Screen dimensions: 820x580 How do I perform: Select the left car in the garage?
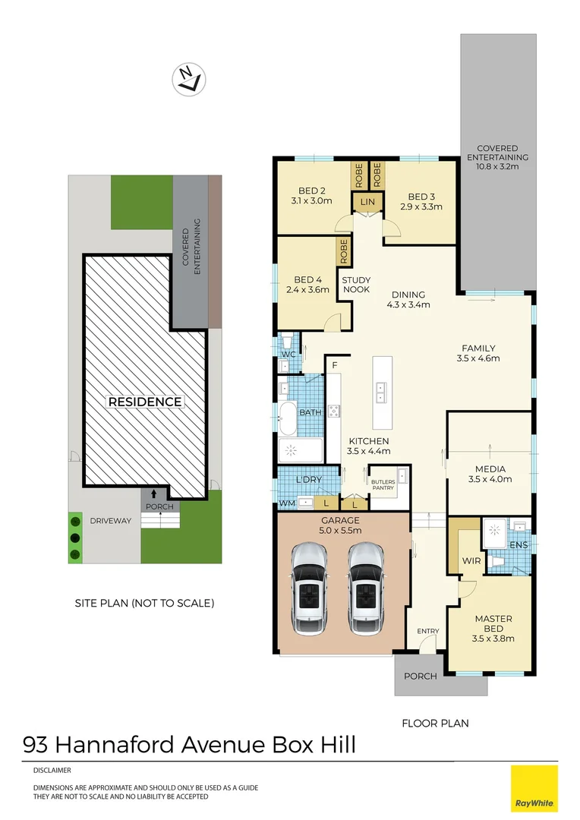[x=309, y=588]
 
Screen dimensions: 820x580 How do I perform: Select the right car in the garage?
[x=367, y=588]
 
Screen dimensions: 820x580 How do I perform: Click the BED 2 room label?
[x=312, y=191]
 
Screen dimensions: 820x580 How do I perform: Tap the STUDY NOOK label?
[x=355, y=285]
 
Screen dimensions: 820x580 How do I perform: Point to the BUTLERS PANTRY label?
[x=383, y=484]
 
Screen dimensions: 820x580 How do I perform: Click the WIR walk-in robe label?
[x=471, y=562]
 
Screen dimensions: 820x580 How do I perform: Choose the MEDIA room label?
[x=490, y=469]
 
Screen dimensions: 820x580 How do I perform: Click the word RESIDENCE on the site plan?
[x=144, y=402]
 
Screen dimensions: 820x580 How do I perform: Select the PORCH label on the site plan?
[x=159, y=506]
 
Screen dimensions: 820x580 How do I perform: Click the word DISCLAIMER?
[x=52, y=771]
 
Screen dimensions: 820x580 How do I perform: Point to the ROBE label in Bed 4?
[x=344, y=251]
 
